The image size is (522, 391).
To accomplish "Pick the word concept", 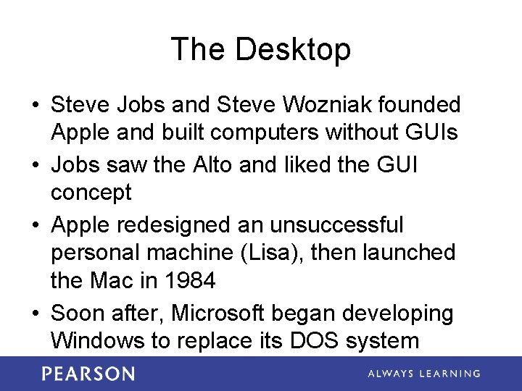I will [x=91, y=193].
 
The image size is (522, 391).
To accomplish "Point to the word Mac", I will [x=119, y=279].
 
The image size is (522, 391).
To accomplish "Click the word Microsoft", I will [x=210, y=314].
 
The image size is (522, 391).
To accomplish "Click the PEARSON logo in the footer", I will [x=88, y=374].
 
